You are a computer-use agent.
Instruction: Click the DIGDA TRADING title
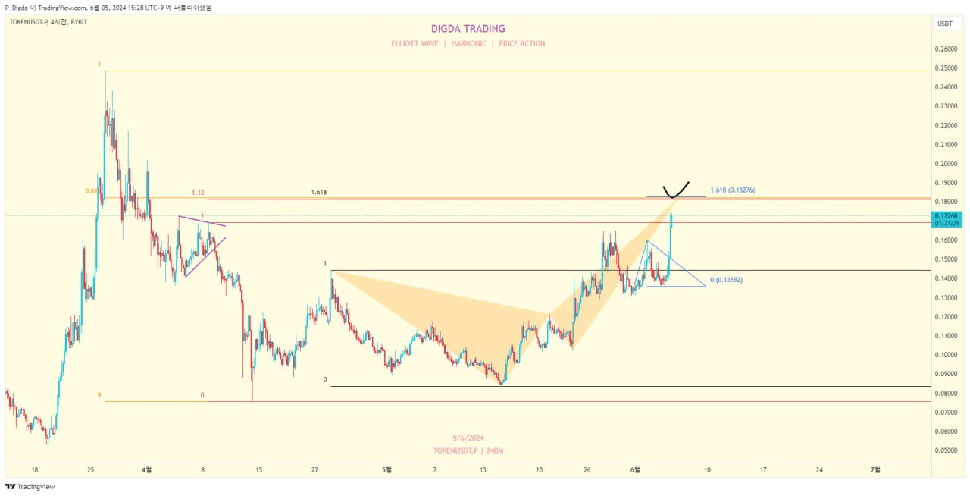point(468,29)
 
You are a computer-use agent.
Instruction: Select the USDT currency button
point(945,24)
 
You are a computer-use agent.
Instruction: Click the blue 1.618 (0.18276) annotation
point(732,190)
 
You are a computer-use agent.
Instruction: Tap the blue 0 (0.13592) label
point(726,280)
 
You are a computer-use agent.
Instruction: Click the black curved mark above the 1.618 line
point(674,190)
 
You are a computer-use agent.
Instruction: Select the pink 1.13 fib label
point(198,193)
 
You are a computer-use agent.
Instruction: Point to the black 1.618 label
point(319,193)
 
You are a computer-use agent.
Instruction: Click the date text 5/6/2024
point(468,438)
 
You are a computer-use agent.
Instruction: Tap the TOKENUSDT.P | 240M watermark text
point(468,450)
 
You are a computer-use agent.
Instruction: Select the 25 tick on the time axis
point(90,470)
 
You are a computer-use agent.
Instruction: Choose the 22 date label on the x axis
point(314,470)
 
